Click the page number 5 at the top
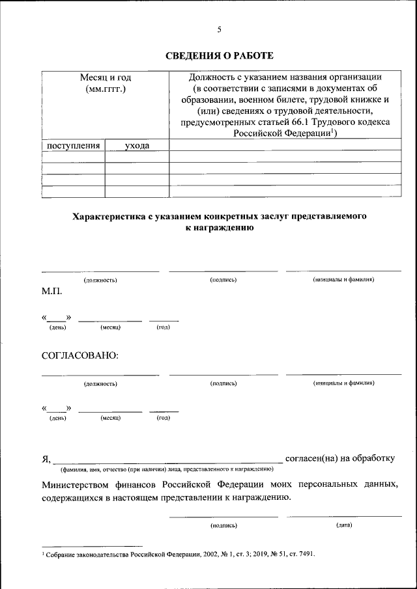pos(219,29)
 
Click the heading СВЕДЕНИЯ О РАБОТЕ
pos(218,56)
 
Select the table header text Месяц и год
pos(106,77)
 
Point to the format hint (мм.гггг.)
pos(106,89)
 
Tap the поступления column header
pos(73,146)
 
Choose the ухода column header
pos(137,146)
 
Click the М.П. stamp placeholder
pos(52,291)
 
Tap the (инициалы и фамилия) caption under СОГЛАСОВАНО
pos(343,383)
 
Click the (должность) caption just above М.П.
pos(100,280)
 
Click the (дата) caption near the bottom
pos(344,525)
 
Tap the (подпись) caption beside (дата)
pos(223,525)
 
